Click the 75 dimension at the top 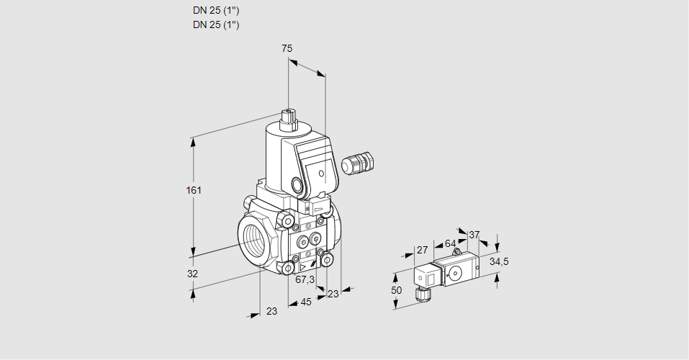click(287, 48)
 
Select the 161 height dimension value click(194, 190)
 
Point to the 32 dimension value click(192, 274)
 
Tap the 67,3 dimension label click(305, 279)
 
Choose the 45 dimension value click(306, 302)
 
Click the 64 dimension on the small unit click(450, 243)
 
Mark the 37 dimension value click(474, 235)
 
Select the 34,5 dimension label click(499, 261)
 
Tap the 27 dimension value click(422, 250)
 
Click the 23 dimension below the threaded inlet click(271, 311)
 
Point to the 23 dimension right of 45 click(333, 294)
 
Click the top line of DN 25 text click(216, 11)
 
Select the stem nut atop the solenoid click(289, 118)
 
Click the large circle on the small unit click(456, 273)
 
